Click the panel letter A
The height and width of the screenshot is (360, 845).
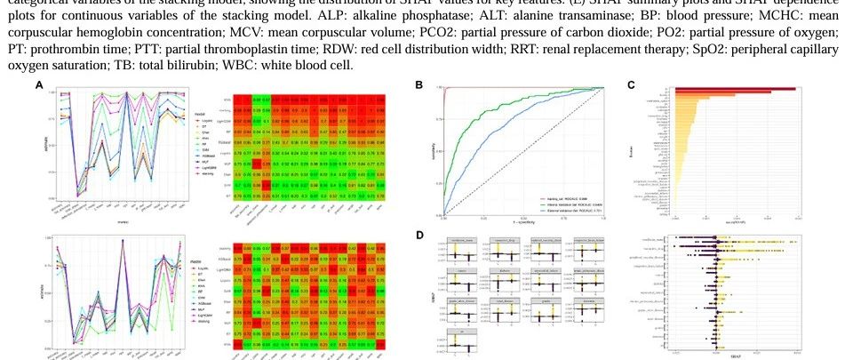click(x=39, y=84)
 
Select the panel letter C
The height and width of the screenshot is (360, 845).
click(x=630, y=84)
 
